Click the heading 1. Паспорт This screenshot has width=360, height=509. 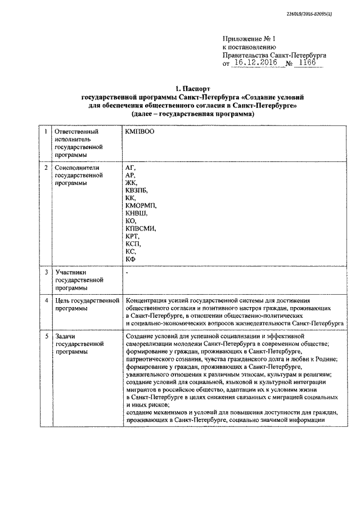(192, 88)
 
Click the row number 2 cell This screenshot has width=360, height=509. (46, 168)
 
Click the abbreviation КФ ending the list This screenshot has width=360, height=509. (130, 258)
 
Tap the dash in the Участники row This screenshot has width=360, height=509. (127, 272)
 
